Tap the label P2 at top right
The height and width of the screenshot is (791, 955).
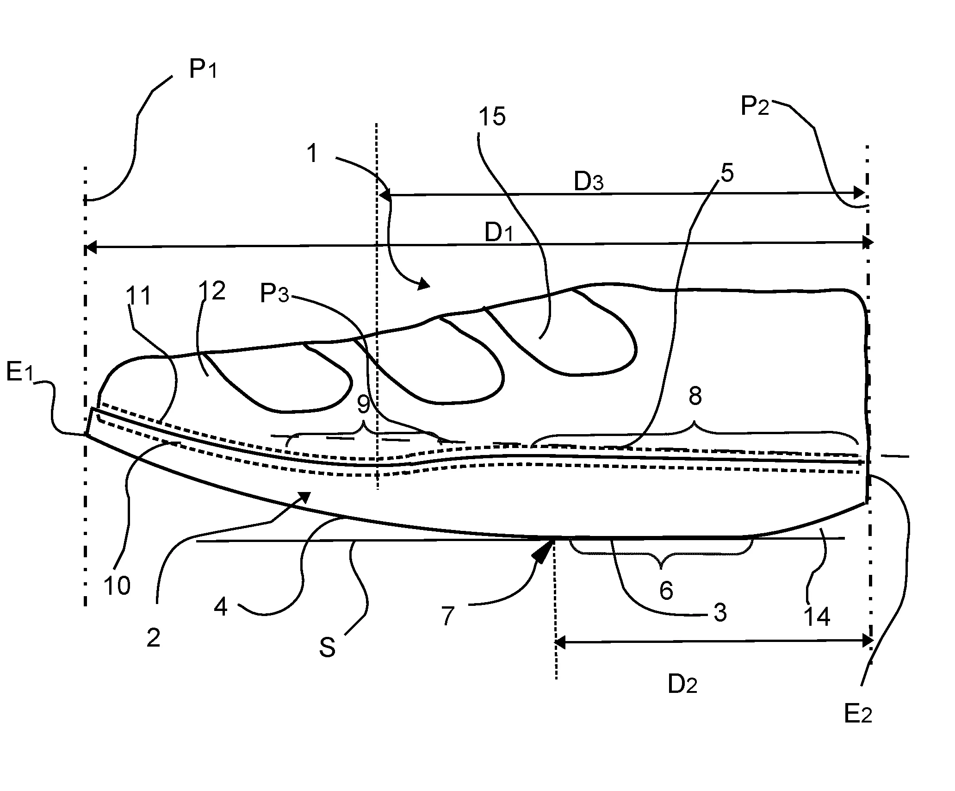point(755,107)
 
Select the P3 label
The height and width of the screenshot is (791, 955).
point(274,294)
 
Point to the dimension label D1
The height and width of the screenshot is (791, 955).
point(499,233)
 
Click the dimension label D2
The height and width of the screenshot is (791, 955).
point(682,684)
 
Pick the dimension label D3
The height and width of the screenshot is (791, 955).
point(589,183)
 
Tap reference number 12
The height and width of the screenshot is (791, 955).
point(212,291)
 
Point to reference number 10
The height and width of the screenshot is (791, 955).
point(117,586)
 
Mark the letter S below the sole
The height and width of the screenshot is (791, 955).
point(327,648)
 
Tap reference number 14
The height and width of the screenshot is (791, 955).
point(817,617)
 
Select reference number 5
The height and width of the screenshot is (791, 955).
point(727,173)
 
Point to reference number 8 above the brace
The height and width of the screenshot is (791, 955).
point(695,396)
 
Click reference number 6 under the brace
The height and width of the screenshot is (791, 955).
point(666,591)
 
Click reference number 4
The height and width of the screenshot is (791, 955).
point(221,606)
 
